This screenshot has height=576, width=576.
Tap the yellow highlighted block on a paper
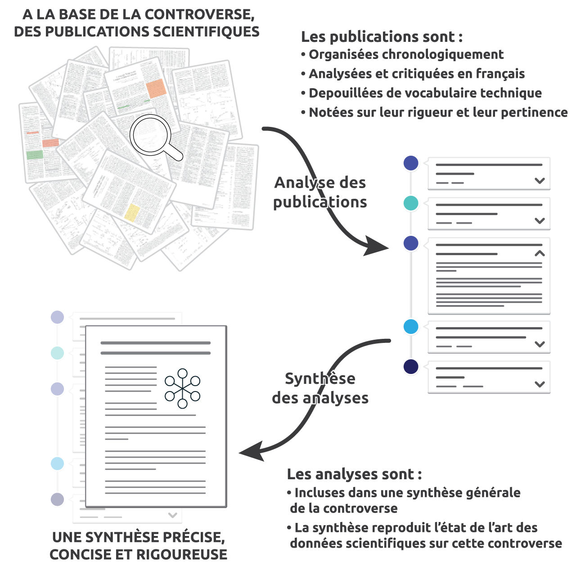click(x=132, y=212)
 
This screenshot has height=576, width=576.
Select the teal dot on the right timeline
click(x=411, y=203)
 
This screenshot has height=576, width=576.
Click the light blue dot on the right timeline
click(x=411, y=327)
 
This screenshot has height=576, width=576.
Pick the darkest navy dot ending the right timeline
click(x=411, y=367)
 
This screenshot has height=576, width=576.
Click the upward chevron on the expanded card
click(x=540, y=253)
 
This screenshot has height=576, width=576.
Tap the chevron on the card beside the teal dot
click(x=540, y=220)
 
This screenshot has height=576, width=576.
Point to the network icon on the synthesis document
click(x=182, y=388)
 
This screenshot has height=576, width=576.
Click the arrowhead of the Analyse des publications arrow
click(x=376, y=246)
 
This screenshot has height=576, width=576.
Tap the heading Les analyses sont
click(x=354, y=474)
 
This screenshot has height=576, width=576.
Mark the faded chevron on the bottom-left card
click(x=172, y=515)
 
